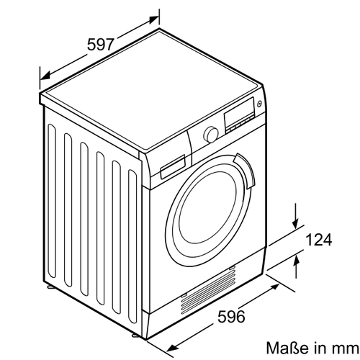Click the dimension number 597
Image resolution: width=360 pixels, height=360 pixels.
[100, 44]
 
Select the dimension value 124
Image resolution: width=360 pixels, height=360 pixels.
[319, 239]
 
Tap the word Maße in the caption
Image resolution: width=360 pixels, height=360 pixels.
[287, 348]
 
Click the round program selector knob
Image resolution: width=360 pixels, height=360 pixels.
[211, 135]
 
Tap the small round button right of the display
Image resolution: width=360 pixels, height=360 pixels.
[259, 104]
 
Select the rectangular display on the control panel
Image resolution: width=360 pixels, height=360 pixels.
[239, 113]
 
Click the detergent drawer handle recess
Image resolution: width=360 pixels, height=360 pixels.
[173, 166]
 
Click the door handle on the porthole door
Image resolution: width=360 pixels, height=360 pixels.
[246, 171]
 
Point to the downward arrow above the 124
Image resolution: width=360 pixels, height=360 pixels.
[296, 216]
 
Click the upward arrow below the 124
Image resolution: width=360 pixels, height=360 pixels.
[297, 266]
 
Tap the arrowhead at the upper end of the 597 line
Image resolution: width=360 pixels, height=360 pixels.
[153, 19]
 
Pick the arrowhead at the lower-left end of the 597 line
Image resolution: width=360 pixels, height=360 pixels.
[45, 76]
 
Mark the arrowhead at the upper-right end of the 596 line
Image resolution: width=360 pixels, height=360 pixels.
[274, 287]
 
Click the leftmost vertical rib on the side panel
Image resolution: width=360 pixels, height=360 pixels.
[52, 201]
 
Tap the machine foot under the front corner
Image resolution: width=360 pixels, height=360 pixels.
[135, 335]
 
